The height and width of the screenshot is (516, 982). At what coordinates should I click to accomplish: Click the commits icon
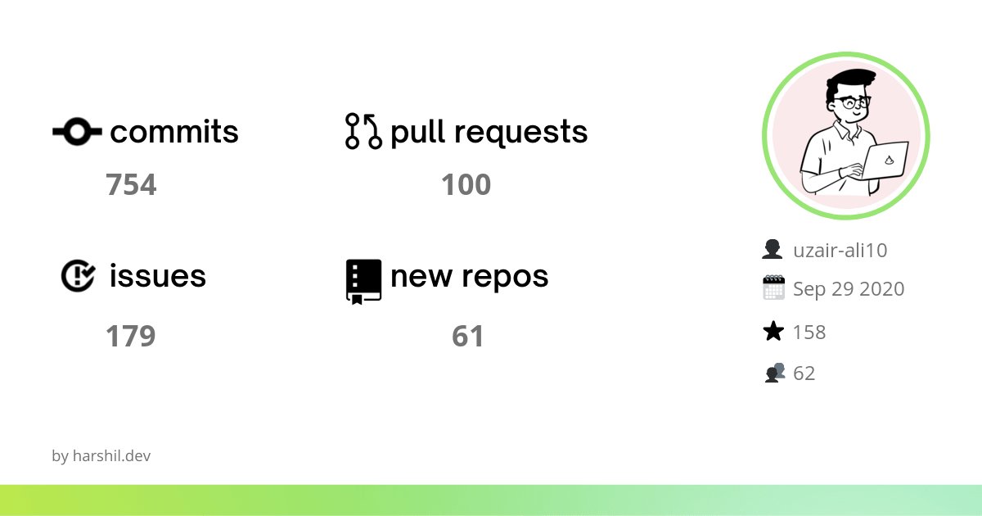point(77,132)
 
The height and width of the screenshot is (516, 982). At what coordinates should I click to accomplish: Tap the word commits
point(174,132)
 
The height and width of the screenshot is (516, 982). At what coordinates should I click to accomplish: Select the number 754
point(131,185)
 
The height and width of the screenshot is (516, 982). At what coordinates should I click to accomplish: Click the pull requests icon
point(364,132)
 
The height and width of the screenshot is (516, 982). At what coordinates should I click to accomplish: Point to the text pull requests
point(489,132)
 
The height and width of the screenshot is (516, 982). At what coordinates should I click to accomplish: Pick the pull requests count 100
point(466,185)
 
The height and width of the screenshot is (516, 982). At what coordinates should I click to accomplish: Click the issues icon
point(79,276)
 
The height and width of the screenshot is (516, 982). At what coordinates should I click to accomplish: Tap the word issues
point(157,277)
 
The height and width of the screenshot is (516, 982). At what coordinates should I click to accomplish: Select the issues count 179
point(131,336)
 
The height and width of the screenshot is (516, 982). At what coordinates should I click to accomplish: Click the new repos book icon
point(364,281)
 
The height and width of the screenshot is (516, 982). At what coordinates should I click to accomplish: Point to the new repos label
point(469,277)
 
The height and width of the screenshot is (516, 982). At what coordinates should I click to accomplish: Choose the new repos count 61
point(468,336)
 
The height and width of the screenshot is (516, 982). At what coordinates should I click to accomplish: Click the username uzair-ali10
point(840,250)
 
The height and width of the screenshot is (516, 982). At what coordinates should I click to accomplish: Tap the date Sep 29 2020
point(849,289)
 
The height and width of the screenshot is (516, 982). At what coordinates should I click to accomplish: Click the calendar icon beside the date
point(773,288)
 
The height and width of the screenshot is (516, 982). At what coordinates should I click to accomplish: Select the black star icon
point(773,332)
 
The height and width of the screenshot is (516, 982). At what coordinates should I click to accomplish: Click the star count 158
point(809,332)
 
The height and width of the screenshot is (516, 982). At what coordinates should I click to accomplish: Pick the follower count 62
point(804,373)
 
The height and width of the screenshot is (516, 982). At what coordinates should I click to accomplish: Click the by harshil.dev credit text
point(101,456)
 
